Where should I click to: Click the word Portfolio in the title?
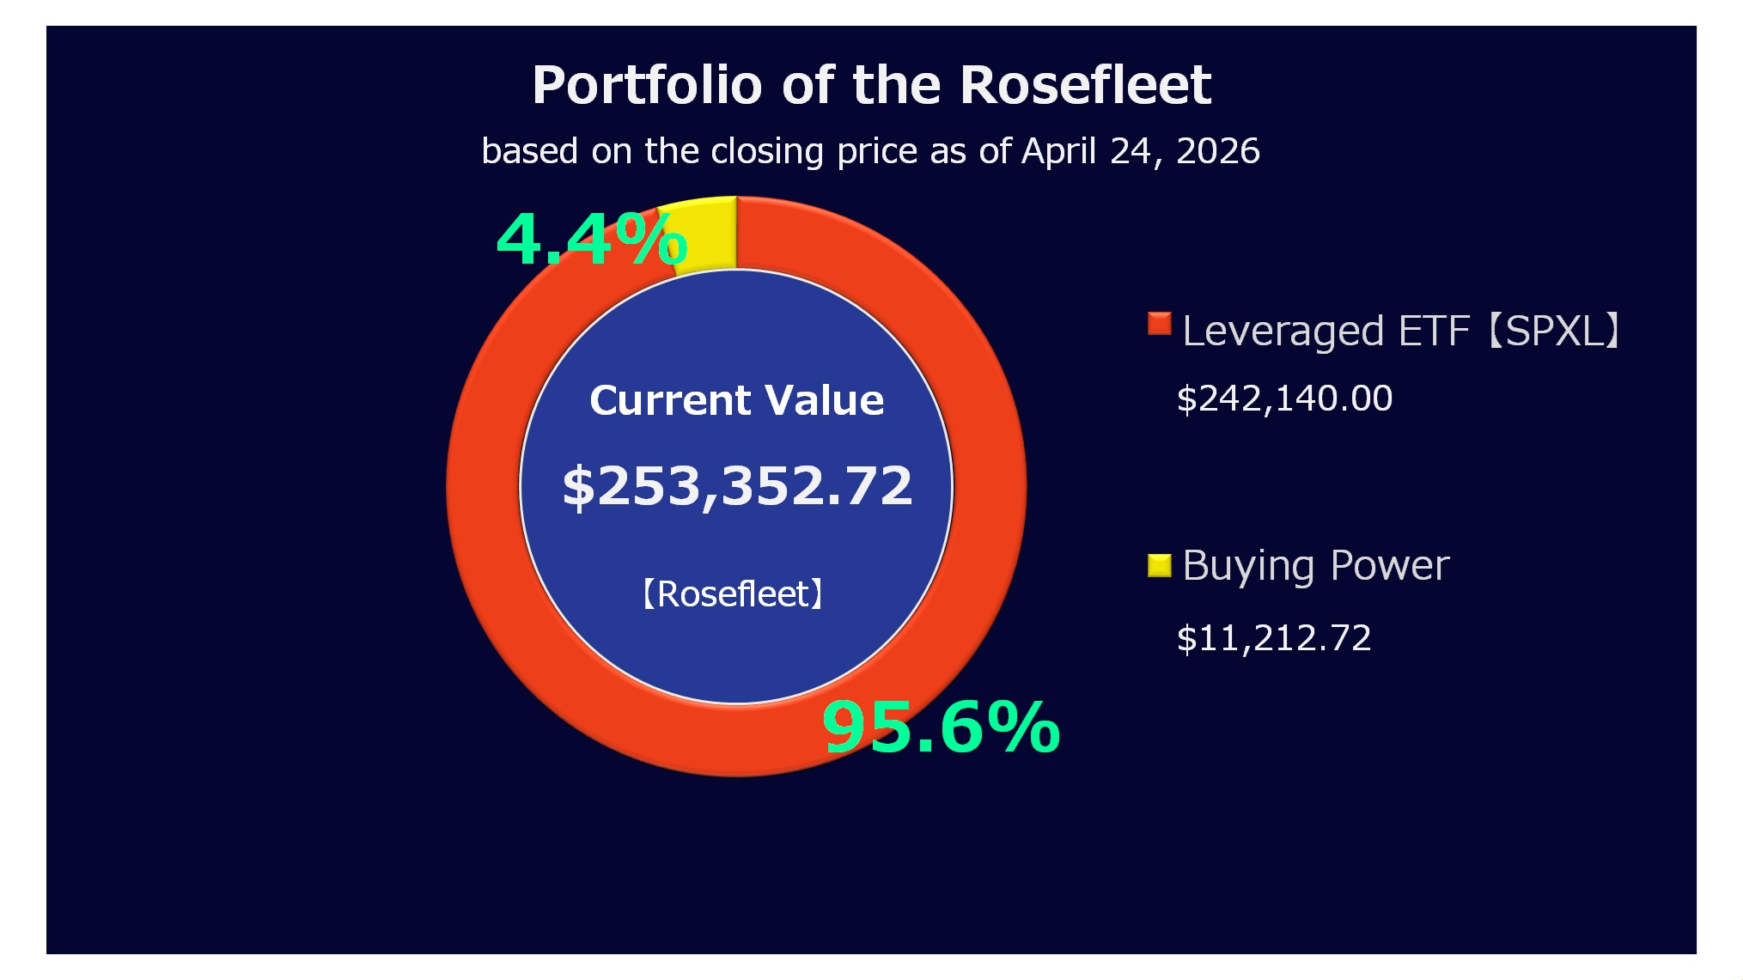pos(647,85)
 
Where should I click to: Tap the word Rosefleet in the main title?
pos(1085,85)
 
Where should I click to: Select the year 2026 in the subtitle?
pos(1217,151)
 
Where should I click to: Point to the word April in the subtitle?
pos(1058,151)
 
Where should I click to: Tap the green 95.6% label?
pos(941,727)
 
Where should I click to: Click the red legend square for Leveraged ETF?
pos(1159,324)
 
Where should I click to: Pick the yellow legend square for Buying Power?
pos(1159,565)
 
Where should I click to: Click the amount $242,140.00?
pos(1284,399)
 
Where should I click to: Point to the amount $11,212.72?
pos(1274,638)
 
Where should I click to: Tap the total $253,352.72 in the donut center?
pos(736,485)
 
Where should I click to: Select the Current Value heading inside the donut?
pos(736,400)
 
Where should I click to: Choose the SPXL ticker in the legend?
pos(1553,331)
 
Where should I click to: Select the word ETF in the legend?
pos(1433,331)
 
